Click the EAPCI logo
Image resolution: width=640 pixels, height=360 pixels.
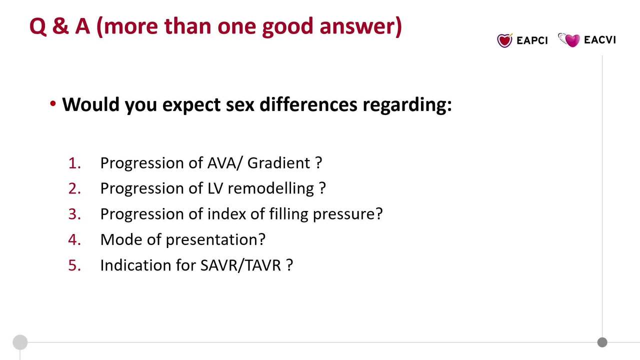point(522,40)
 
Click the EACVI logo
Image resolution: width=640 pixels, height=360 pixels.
point(587,40)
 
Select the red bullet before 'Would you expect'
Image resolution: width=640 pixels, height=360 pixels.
point(53,104)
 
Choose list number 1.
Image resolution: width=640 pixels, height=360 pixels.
point(74,163)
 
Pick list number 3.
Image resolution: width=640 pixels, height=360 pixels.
point(74,214)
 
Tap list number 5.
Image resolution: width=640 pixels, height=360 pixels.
point(74,265)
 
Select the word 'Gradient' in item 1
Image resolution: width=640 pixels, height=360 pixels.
point(278,163)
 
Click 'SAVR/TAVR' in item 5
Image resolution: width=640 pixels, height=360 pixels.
point(240,265)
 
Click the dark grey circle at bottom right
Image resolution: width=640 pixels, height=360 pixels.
point(602,342)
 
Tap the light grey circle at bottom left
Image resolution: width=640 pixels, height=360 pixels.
point(20,342)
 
